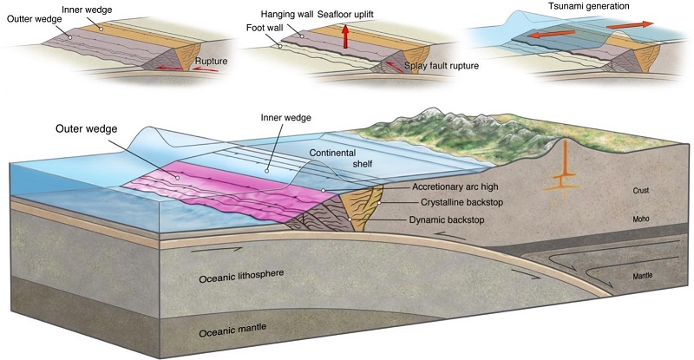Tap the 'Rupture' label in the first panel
click(x=211, y=62)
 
